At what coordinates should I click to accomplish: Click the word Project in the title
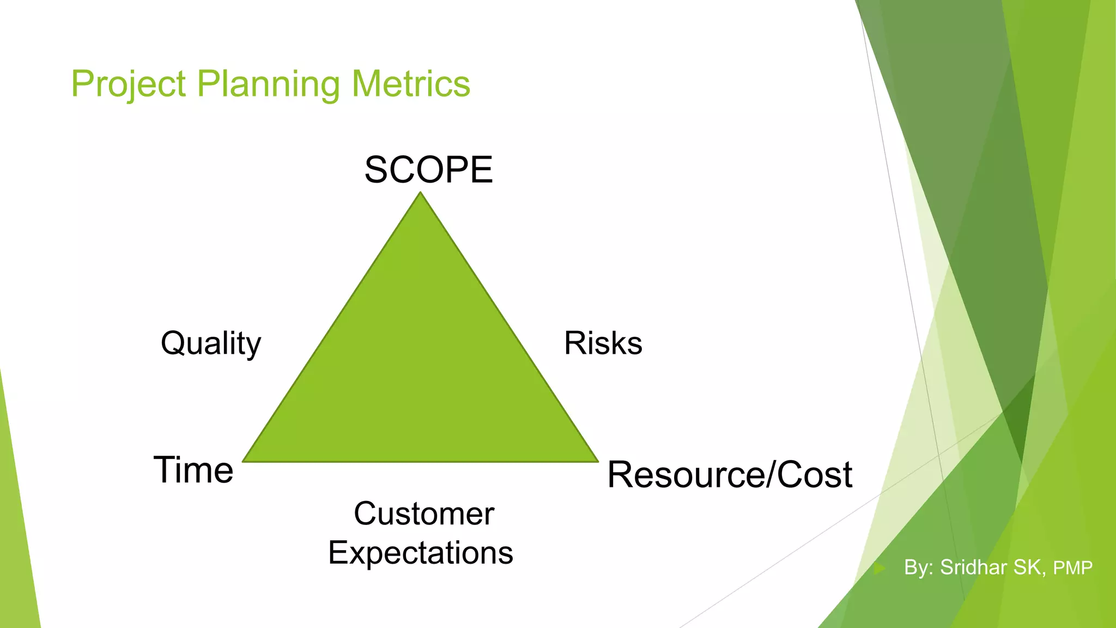129,84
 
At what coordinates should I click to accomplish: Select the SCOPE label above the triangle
428,170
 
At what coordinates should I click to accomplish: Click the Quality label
211,344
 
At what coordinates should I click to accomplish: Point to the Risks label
603,343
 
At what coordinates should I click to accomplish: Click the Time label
193,470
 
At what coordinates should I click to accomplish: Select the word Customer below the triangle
424,514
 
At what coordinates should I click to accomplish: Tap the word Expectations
420,553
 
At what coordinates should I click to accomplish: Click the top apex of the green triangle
420,194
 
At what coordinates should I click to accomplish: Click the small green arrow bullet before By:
879,569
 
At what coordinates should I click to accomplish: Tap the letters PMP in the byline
1072,568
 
